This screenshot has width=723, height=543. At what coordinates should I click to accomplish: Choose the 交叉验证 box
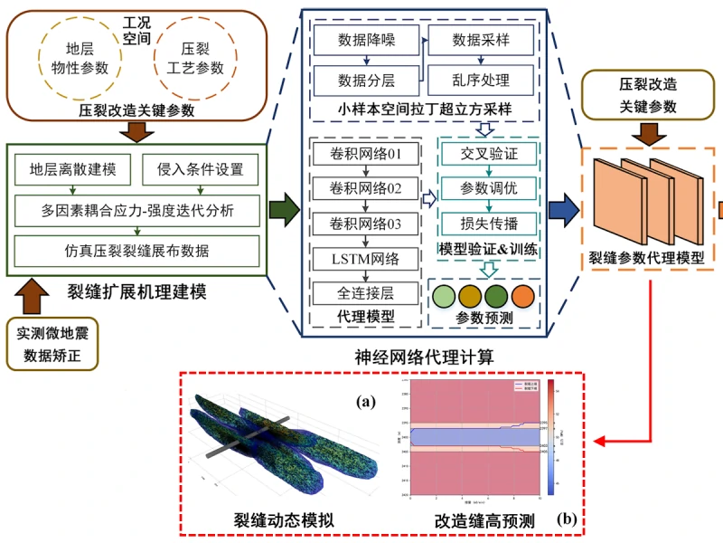coord(489,154)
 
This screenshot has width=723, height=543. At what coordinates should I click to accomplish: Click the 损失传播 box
coord(489,223)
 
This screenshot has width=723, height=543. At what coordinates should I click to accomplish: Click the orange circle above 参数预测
coord(523,297)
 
